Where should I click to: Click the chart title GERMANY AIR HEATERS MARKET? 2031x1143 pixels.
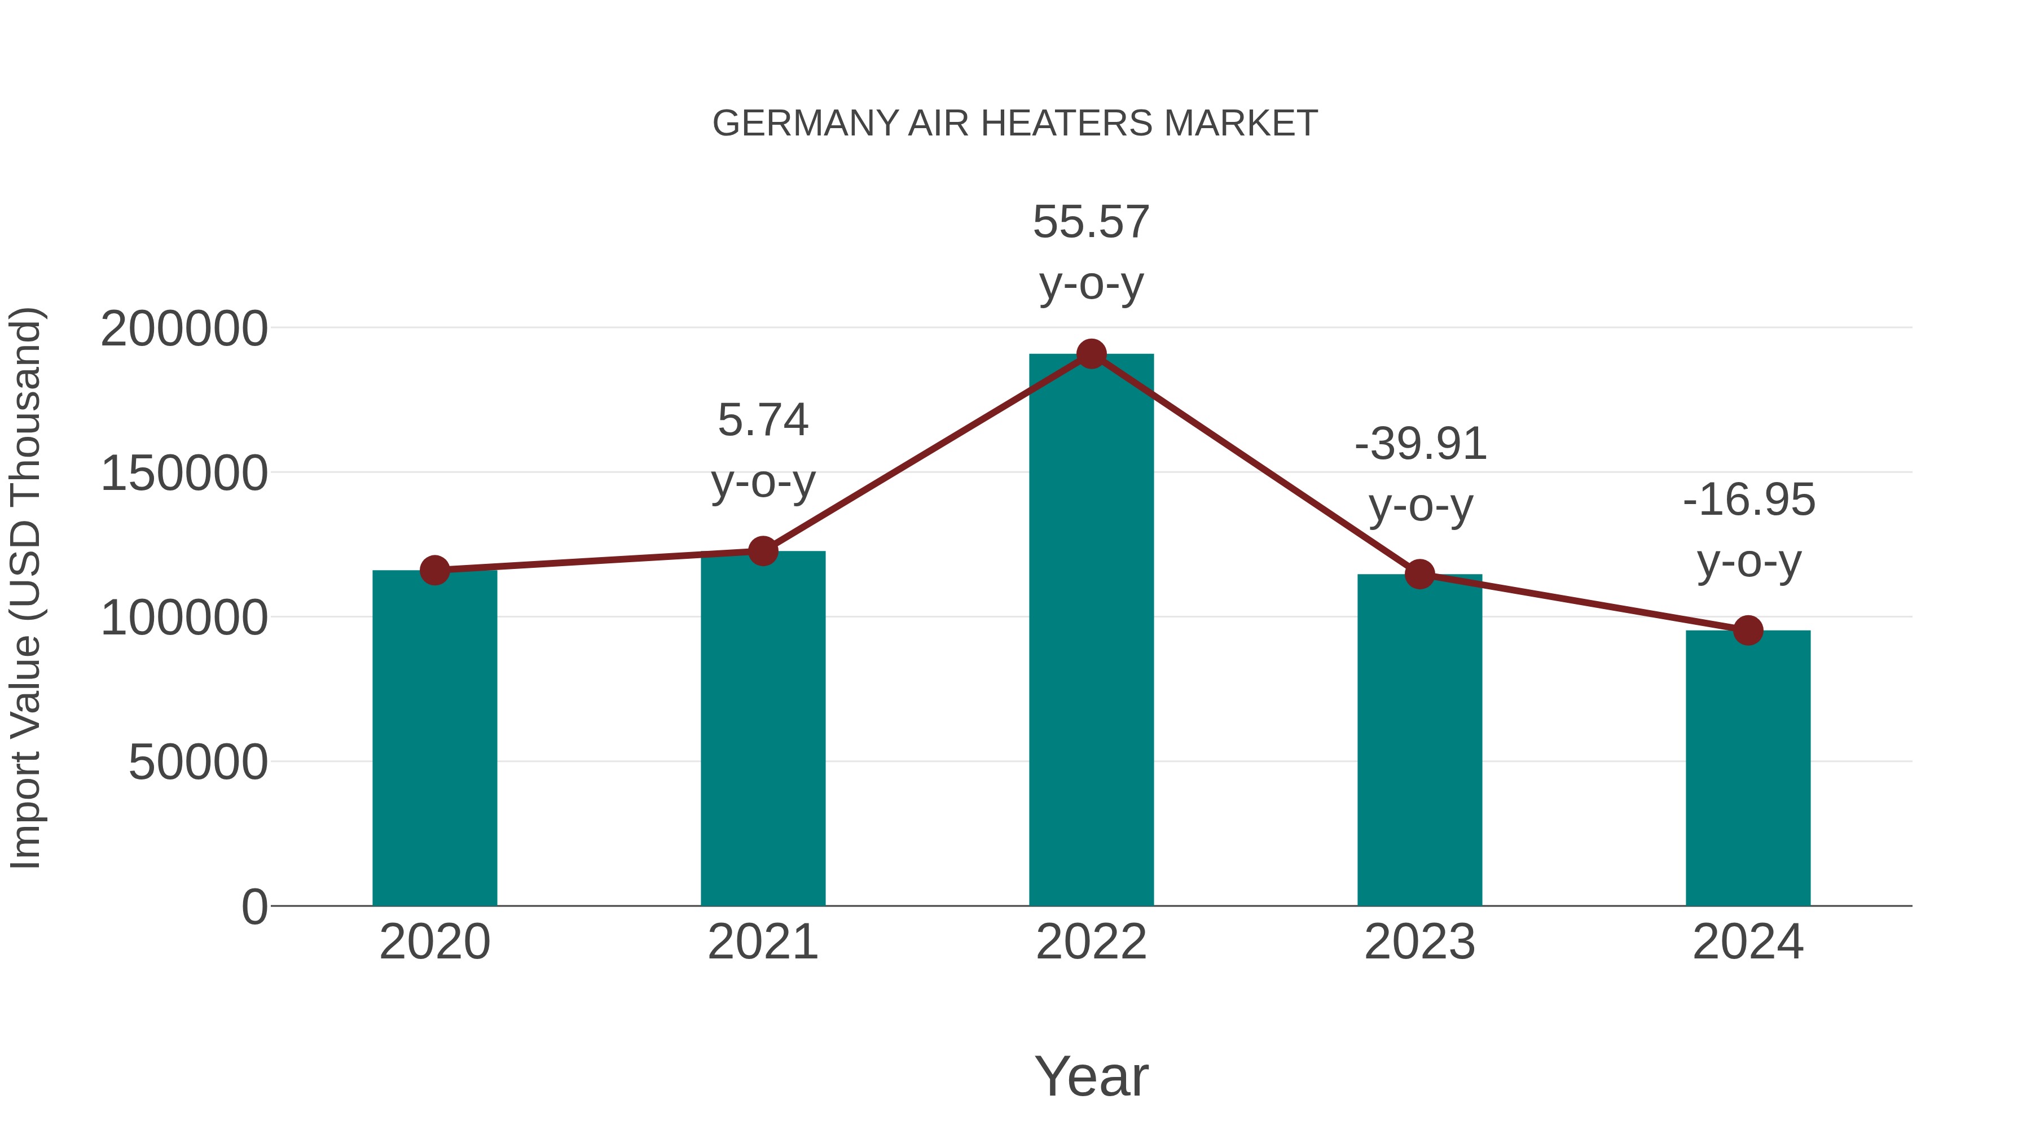pyautogui.click(x=1015, y=124)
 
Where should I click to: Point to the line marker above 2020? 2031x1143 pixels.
pyautogui.click(x=434, y=570)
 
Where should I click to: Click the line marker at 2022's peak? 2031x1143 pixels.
pyautogui.click(x=1091, y=354)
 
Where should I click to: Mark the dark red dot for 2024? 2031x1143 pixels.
pyautogui.click(x=1747, y=630)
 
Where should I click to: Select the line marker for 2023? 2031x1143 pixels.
pyautogui.click(x=1419, y=574)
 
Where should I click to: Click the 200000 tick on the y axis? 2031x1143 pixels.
pyautogui.click(x=184, y=329)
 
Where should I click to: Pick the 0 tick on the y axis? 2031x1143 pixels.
pyautogui.click(x=254, y=907)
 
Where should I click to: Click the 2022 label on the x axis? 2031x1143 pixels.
pyautogui.click(x=1091, y=942)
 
